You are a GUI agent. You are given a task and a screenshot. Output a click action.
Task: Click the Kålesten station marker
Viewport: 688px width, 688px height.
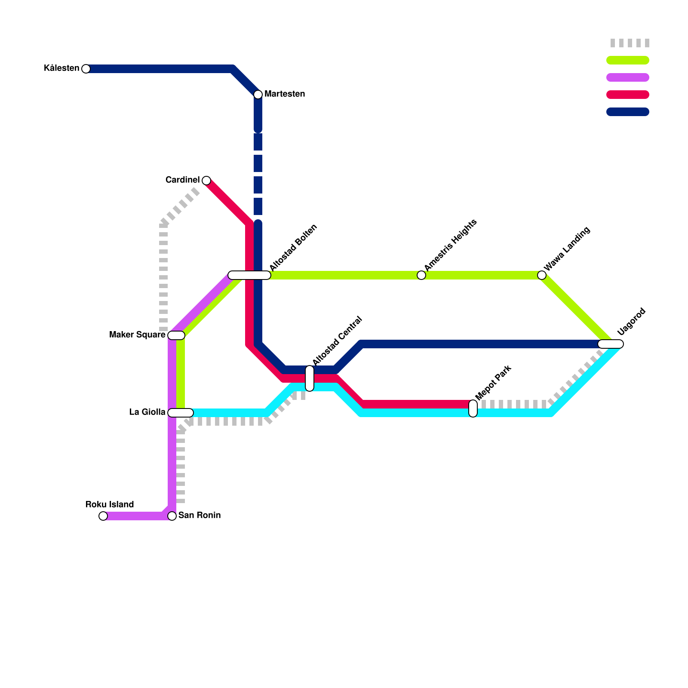click(x=86, y=69)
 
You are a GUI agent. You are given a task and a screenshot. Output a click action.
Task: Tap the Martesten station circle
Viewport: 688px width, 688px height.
click(x=258, y=94)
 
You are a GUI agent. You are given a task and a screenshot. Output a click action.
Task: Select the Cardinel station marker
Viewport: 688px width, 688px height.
click(x=206, y=180)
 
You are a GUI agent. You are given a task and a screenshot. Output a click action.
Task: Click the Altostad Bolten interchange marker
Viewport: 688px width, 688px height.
click(x=249, y=275)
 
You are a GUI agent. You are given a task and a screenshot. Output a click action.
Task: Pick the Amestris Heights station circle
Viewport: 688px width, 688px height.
click(x=421, y=275)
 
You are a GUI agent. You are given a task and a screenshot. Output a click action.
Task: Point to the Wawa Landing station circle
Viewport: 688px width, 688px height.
click(x=542, y=275)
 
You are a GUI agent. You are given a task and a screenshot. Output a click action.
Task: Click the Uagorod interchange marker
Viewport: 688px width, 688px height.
click(x=611, y=344)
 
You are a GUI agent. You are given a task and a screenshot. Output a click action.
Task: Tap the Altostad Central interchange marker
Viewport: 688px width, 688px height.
click(x=310, y=378)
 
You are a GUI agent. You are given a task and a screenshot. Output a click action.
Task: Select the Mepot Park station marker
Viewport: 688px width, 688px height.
click(x=473, y=408)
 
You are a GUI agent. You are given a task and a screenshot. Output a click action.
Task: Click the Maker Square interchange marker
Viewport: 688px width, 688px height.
click(x=176, y=335)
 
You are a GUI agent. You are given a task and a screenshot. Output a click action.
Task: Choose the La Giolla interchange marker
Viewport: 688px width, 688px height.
click(x=181, y=413)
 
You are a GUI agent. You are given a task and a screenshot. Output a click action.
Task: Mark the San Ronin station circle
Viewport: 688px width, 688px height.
click(x=172, y=516)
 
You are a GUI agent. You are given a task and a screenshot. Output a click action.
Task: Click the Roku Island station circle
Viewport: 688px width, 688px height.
click(x=103, y=516)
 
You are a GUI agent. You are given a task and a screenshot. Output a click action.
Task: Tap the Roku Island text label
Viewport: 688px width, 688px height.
click(x=110, y=504)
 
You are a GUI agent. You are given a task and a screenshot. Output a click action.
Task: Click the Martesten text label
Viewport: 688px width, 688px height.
click(x=285, y=94)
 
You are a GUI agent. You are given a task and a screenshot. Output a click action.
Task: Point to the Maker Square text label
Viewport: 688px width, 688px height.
click(x=137, y=335)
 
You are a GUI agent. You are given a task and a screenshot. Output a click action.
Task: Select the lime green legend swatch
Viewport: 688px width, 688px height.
click(x=628, y=60)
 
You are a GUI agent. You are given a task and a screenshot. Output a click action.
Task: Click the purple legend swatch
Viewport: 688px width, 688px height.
click(x=628, y=77)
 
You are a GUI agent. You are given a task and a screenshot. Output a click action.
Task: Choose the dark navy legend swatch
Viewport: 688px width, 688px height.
click(x=628, y=112)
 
